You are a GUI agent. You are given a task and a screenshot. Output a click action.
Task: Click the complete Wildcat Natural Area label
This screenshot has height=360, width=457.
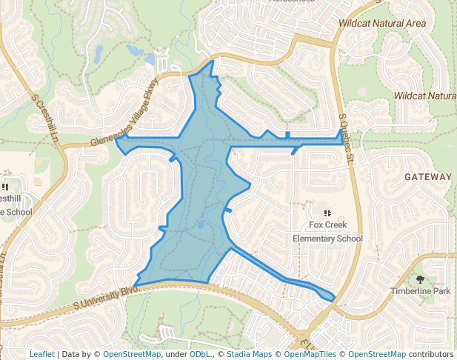tap(382, 24)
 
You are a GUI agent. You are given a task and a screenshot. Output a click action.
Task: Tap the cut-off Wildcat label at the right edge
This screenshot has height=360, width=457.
tap(425, 96)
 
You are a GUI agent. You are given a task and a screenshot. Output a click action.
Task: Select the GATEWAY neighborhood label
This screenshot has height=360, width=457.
tap(428, 177)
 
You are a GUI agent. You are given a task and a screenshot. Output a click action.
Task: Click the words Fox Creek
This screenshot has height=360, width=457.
tap(327, 225)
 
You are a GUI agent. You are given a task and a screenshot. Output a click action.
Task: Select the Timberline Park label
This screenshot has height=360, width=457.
tap(421, 291)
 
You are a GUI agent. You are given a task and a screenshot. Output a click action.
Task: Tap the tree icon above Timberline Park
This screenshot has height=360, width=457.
tap(421, 279)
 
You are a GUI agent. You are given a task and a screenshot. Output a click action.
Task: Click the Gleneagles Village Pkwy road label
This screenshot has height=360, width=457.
tap(125, 112)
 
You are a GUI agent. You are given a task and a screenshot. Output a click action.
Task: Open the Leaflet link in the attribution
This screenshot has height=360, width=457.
tap(42, 354)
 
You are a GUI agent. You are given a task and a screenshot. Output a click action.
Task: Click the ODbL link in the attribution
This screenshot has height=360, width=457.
tap(200, 354)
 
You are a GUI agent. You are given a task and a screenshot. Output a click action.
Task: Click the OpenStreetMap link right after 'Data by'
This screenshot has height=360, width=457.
tap(132, 354)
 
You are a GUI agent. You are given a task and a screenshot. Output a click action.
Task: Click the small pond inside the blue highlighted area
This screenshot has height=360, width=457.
tap(200, 223)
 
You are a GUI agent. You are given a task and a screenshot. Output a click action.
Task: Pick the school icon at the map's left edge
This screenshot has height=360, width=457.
tap(4, 187)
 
